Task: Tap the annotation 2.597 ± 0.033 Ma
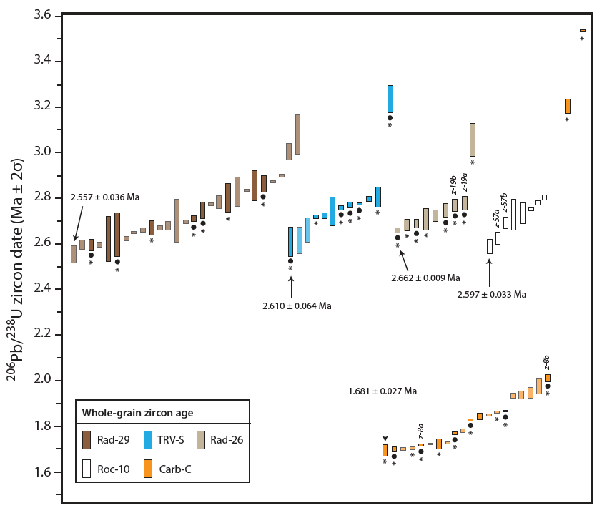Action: [x=492, y=293]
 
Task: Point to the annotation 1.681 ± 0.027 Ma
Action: [x=383, y=391]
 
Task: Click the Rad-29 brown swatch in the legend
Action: [x=87, y=439]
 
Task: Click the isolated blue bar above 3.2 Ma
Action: [x=390, y=99]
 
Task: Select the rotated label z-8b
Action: [x=547, y=362]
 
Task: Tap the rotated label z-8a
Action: [x=421, y=431]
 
